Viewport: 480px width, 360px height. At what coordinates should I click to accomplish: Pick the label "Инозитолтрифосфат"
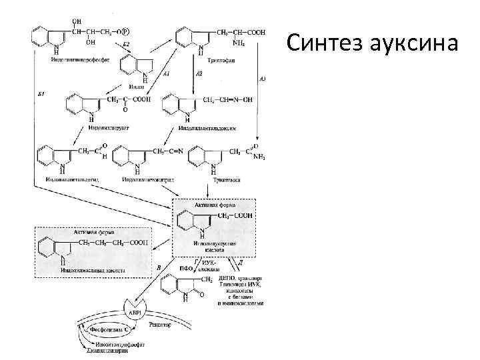click(x=119, y=343)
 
